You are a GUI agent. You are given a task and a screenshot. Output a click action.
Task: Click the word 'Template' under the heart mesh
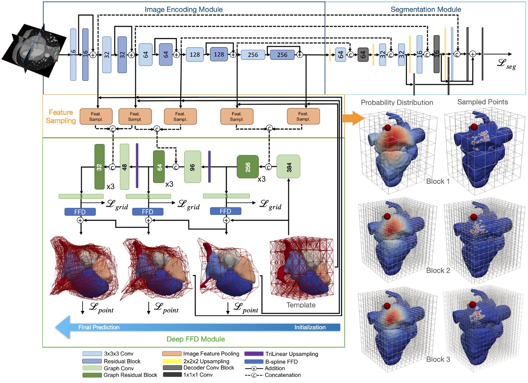coord(301,305)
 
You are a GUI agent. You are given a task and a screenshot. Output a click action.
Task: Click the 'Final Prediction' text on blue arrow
coord(99,327)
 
